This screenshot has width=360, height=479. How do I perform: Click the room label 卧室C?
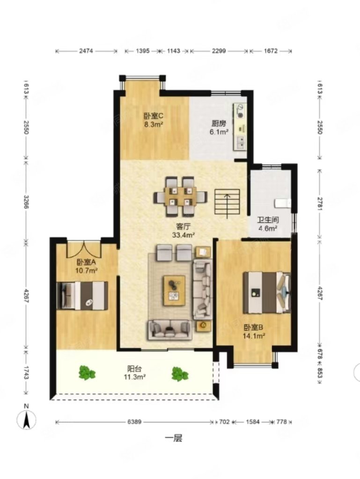(x=154, y=116)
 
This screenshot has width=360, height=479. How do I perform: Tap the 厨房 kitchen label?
(x=219, y=123)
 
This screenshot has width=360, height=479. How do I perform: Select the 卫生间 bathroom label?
(x=268, y=220)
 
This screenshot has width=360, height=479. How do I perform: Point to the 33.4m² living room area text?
(x=184, y=235)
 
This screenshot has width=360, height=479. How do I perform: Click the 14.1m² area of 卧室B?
(x=254, y=336)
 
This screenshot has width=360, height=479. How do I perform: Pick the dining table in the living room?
(x=181, y=196)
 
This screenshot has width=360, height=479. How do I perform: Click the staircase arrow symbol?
(x=228, y=206)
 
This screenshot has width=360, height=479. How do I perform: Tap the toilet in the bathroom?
(x=283, y=203)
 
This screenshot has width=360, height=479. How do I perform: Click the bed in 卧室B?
(x=267, y=292)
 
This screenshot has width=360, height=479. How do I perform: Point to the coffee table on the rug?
(x=174, y=290)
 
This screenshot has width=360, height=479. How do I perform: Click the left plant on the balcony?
(x=87, y=373)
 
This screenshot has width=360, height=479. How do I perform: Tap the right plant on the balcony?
(x=180, y=374)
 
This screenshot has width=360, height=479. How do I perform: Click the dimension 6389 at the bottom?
(x=134, y=422)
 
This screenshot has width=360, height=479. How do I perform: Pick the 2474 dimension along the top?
(x=86, y=51)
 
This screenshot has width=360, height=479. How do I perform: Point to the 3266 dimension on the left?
(x=26, y=202)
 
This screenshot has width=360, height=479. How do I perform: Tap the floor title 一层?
(x=174, y=438)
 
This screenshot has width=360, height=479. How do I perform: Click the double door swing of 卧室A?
(x=84, y=249)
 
